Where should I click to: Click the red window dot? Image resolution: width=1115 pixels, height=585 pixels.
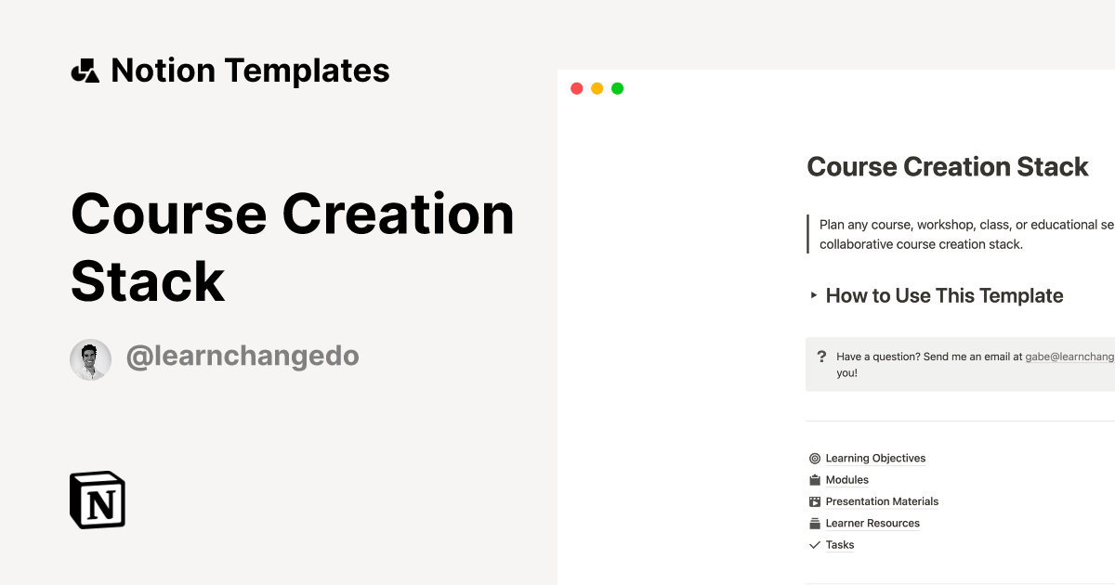(x=576, y=89)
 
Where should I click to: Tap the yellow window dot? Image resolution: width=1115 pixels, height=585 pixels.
(x=597, y=89)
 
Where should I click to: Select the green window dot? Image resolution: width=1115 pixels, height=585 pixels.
(x=617, y=89)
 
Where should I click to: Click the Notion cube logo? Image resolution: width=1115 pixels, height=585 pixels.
(x=98, y=500)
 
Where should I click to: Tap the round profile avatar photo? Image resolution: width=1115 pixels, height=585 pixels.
(x=90, y=359)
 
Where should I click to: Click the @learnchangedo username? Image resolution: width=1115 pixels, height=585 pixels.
(x=242, y=356)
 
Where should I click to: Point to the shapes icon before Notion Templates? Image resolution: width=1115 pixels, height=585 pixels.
(x=85, y=71)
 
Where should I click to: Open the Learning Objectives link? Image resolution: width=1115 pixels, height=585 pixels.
(x=875, y=459)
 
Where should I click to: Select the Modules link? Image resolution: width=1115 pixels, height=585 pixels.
(x=846, y=480)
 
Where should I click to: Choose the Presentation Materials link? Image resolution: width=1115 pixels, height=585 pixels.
(x=882, y=501)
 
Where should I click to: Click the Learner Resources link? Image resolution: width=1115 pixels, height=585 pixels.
(x=872, y=524)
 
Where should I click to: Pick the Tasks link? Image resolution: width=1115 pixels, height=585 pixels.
(x=839, y=545)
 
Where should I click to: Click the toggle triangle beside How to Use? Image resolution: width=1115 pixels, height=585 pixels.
(x=814, y=296)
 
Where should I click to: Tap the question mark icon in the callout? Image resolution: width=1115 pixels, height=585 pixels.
(x=821, y=357)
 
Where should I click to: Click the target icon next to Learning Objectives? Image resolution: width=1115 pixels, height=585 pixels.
(x=815, y=459)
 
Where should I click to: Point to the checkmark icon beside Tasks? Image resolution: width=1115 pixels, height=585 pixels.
(x=815, y=545)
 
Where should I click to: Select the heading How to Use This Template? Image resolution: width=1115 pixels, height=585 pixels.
(x=944, y=296)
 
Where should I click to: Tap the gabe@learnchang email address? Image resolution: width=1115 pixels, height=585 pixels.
(x=1069, y=357)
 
